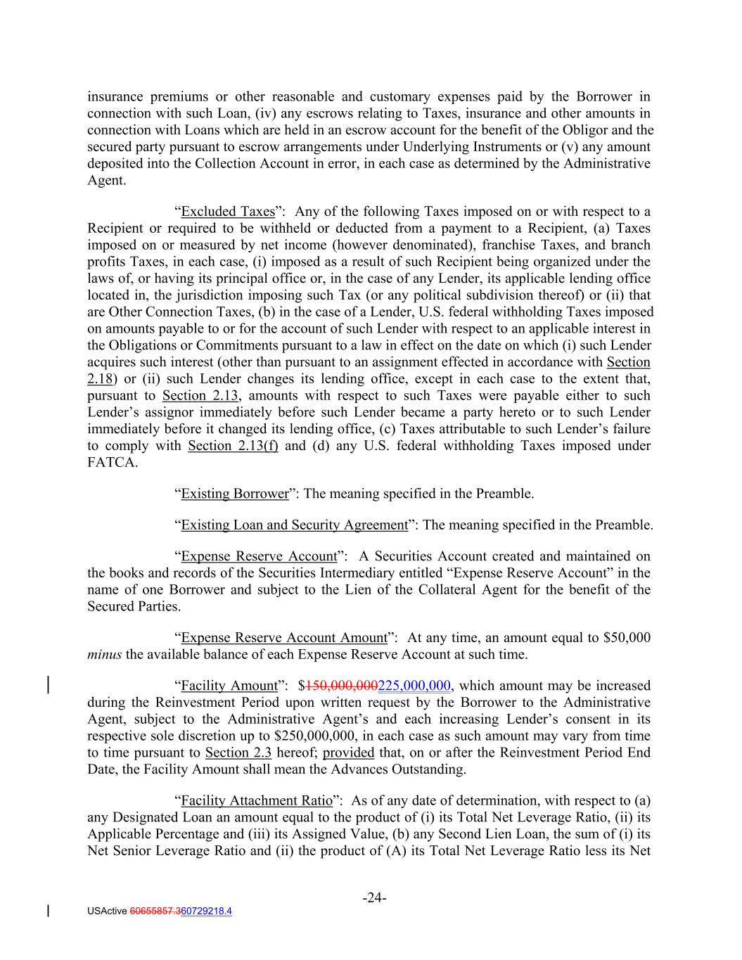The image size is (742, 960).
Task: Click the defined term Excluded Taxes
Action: coord(227,212)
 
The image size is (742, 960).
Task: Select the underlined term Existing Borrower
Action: coord(235,494)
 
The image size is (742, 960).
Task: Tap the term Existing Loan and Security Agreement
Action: coord(294,525)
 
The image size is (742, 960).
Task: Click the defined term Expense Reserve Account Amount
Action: coord(284,638)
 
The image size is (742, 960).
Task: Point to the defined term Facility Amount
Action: coord(229,686)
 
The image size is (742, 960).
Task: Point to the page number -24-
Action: coord(375,897)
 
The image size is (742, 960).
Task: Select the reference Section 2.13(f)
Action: coord(233,446)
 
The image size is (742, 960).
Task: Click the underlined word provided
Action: coord(348,753)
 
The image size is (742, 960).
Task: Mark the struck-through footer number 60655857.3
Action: coord(154,911)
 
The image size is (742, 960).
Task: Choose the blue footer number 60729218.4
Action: coord(206,911)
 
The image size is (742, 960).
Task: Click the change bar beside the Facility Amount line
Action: coord(48,686)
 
